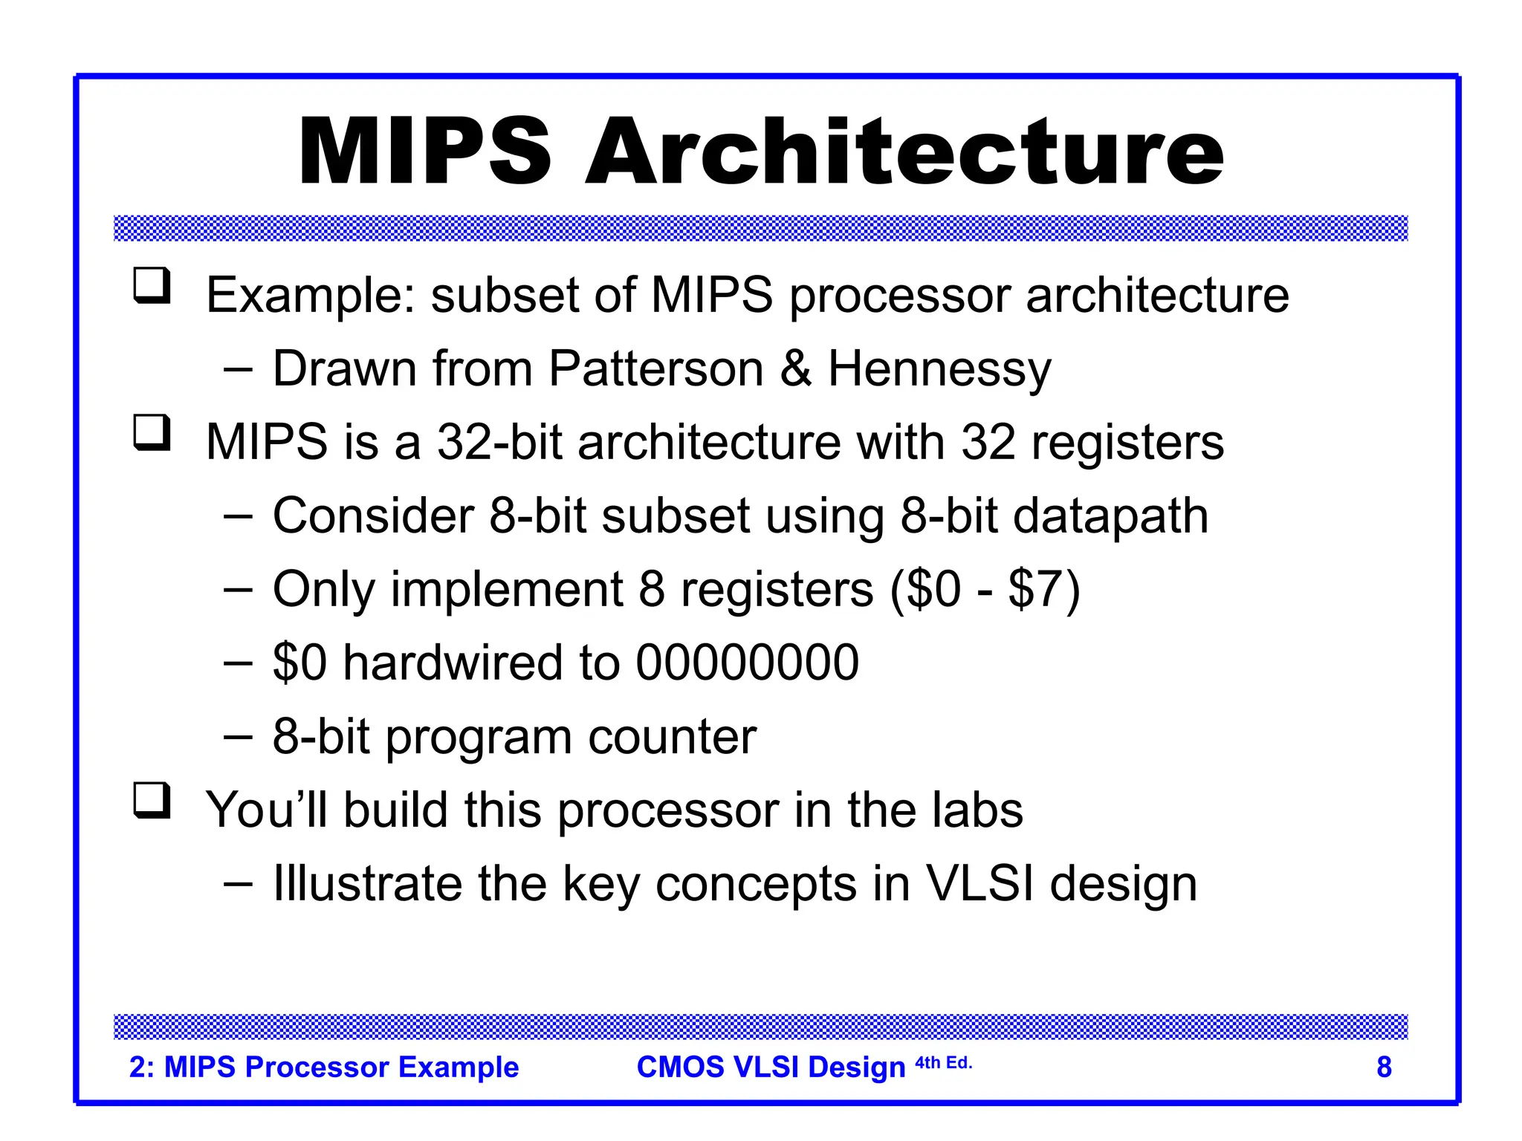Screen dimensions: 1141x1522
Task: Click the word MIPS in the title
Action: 424,152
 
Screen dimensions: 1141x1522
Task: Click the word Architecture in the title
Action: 904,152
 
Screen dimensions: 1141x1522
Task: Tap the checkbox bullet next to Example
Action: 152,287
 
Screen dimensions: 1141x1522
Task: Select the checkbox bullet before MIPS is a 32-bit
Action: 152,434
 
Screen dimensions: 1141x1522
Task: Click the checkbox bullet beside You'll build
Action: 152,802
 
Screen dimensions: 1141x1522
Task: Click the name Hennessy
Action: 939,370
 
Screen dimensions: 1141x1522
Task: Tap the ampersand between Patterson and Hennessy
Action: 796,368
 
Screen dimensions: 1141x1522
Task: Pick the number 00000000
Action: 747,663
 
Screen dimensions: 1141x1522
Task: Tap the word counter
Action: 672,737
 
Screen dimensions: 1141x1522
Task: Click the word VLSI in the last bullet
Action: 979,884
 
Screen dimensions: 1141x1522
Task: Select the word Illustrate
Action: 367,884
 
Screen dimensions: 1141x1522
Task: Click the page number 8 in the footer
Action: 1384,1067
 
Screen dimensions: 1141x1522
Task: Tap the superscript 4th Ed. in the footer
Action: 943,1063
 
